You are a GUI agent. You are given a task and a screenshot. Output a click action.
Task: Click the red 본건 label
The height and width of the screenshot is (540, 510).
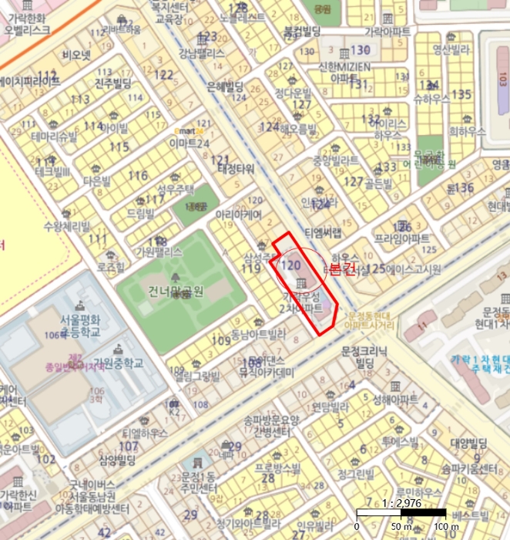tap(341, 268)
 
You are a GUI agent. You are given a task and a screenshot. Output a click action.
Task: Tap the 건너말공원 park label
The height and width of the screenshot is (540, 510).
tap(177, 292)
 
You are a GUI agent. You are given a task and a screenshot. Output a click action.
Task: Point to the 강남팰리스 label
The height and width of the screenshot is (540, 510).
tap(202, 53)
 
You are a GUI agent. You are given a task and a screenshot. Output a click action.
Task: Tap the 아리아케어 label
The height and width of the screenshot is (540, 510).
tap(240, 214)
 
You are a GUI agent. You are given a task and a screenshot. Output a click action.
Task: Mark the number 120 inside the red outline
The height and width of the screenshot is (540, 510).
tap(290, 265)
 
